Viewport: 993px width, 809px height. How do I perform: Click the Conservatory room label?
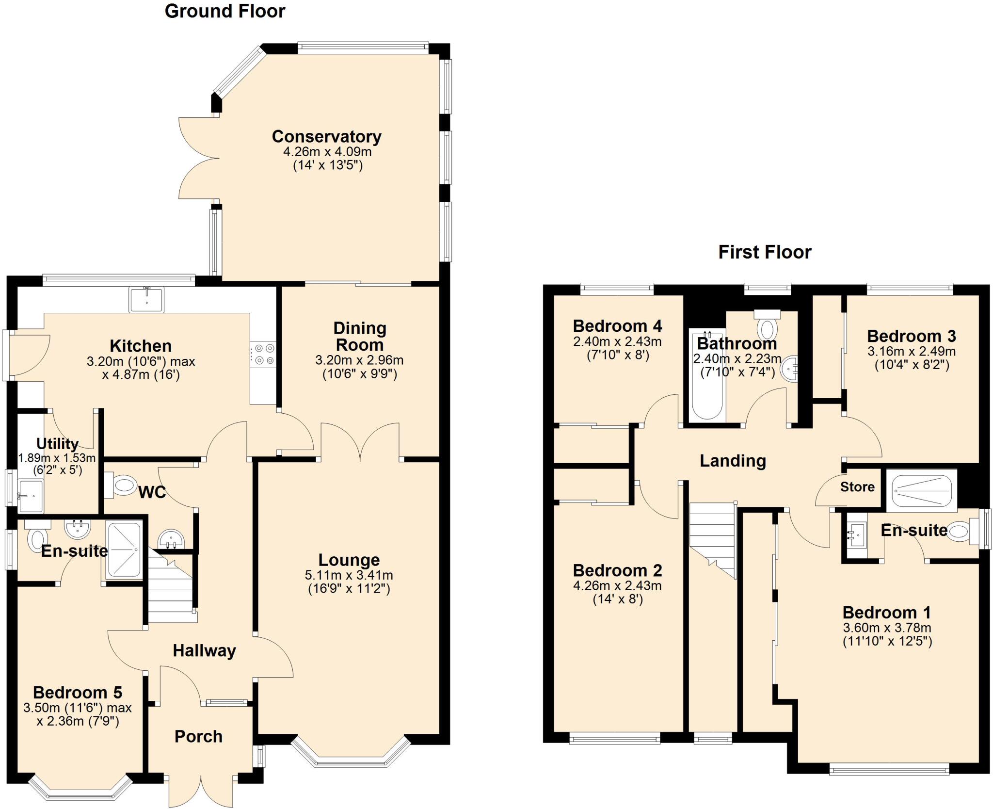[326, 137]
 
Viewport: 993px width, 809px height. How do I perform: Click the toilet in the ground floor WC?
[121, 485]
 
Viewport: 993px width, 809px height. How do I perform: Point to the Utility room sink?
[31, 496]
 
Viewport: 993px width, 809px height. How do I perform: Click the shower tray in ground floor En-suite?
[124, 550]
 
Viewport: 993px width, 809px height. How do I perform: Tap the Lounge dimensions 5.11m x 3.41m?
[349, 575]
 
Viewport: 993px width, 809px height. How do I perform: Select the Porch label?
[198, 736]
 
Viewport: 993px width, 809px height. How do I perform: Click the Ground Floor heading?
[225, 11]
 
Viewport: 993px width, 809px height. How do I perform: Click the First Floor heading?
[765, 252]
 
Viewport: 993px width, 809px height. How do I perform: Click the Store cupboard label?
[857, 487]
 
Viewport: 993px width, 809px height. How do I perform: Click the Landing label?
[733, 461]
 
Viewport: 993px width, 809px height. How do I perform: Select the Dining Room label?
[360, 337]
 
